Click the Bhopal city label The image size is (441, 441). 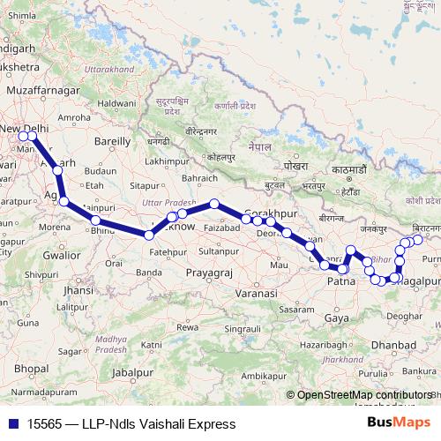31,368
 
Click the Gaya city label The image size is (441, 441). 336,317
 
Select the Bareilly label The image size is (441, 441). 112,140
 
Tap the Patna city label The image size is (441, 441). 340,281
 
